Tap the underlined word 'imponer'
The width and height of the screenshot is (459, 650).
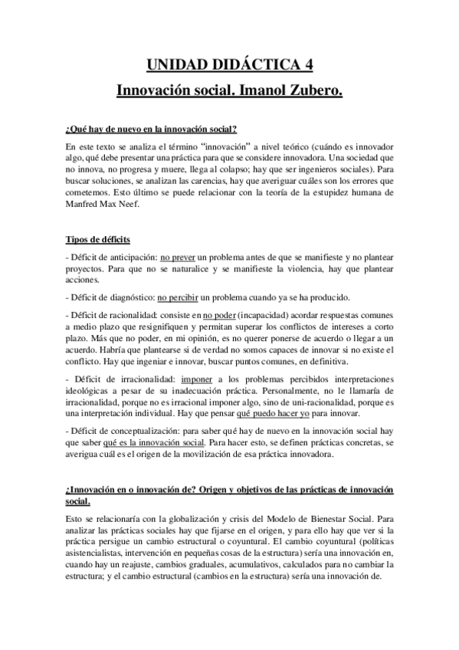coord(198,379)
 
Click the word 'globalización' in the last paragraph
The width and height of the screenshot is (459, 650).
coord(184,519)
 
